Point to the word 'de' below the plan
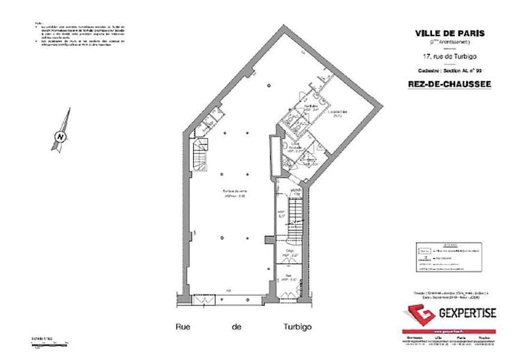237,327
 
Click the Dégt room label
289,254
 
